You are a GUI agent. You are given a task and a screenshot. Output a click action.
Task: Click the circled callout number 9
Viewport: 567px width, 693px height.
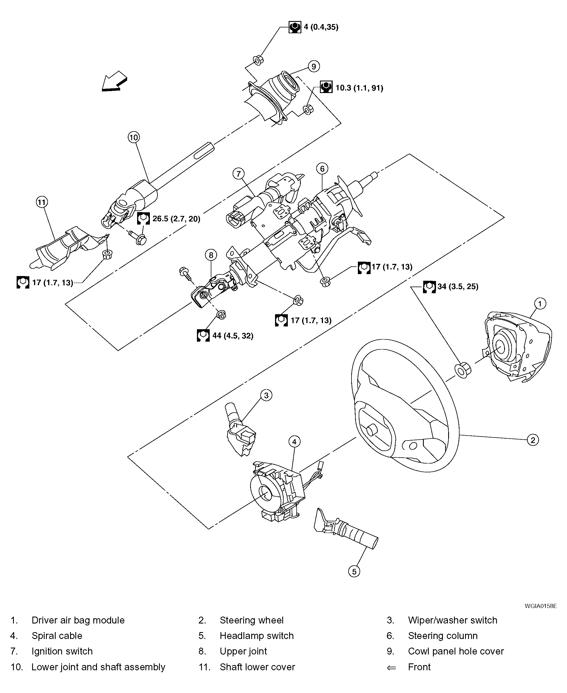click(x=314, y=67)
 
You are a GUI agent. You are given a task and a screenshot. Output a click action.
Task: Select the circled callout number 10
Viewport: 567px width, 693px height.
click(x=134, y=137)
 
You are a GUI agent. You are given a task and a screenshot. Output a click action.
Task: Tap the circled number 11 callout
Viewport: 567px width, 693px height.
click(x=42, y=202)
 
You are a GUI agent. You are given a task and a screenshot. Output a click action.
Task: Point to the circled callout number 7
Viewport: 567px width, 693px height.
click(x=238, y=174)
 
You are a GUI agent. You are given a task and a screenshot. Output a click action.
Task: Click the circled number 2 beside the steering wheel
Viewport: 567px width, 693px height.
click(x=533, y=440)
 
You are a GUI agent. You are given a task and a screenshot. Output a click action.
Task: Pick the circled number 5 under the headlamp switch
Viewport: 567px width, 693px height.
click(x=354, y=571)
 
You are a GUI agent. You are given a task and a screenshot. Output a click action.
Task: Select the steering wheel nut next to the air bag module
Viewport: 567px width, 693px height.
click(x=463, y=370)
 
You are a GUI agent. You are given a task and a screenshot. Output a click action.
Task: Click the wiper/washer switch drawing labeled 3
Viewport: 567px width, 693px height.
click(x=240, y=431)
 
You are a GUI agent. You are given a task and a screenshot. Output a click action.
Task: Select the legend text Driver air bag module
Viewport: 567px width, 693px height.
click(x=78, y=620)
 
